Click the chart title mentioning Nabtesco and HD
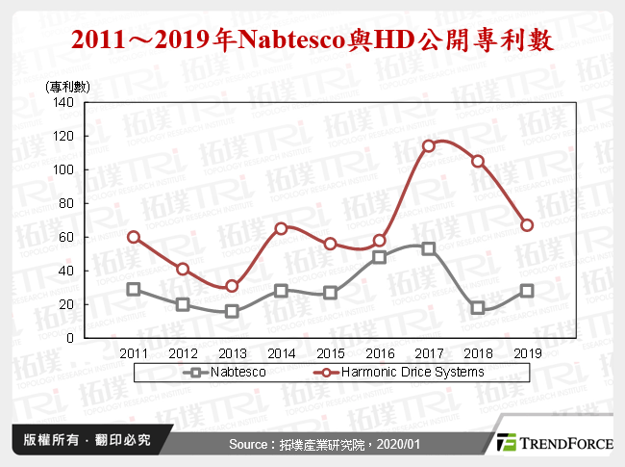312,39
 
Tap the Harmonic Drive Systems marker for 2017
429,146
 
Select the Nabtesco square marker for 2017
429,248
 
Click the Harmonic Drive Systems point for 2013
232,286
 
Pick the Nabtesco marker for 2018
478,308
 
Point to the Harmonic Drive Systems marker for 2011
134,237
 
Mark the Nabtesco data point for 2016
380,257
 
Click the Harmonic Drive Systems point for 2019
527,225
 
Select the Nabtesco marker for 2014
281,291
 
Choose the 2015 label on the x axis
330,352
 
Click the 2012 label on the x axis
183,352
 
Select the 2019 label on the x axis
527,352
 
